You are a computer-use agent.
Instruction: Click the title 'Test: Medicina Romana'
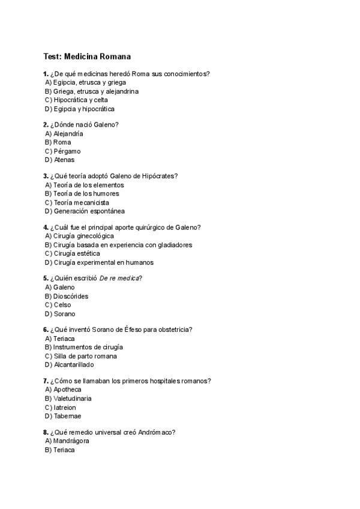click(x=87, y=57)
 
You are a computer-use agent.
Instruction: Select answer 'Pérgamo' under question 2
click(x=67, y=151)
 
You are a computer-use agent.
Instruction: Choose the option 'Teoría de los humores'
click(x=86, y=194)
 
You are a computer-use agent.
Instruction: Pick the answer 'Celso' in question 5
click(x=62, y=305)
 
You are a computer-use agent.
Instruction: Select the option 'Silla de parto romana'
click(x=85, y=356)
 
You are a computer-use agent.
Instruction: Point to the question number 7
click(x=46, y=381)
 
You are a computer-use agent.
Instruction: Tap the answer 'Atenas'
click(x=64, y=160)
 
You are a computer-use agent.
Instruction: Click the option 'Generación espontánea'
click(x=89, y=211)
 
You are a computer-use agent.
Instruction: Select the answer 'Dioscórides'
click(x=71, y=296)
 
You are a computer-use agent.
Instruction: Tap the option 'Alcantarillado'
click(x=73, y=364)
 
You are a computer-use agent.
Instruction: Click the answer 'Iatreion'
click(x=64, y=408)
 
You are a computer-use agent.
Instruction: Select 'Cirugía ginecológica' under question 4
click(x=83, y=236)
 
